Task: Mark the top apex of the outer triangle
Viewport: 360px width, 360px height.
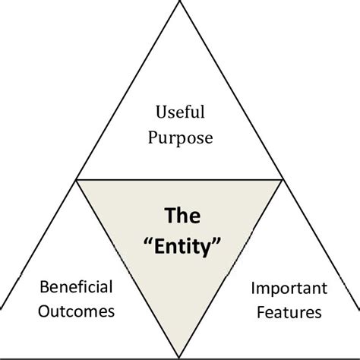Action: click(180, 2)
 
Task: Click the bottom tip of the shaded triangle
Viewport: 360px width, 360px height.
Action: click(180, 355)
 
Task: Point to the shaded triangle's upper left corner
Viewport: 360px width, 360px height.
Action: click(77, 179)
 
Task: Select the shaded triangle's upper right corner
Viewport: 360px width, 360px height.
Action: click(283, 179)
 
